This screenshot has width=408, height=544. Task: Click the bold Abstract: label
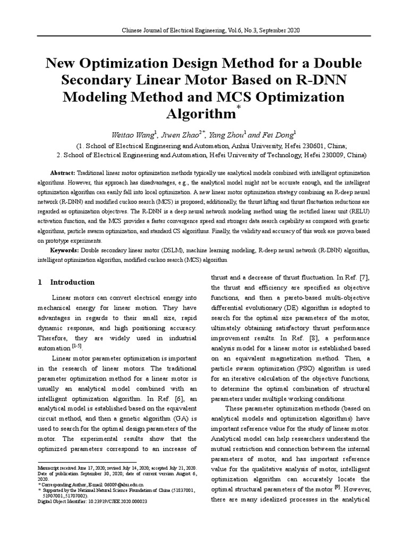[63, 174]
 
